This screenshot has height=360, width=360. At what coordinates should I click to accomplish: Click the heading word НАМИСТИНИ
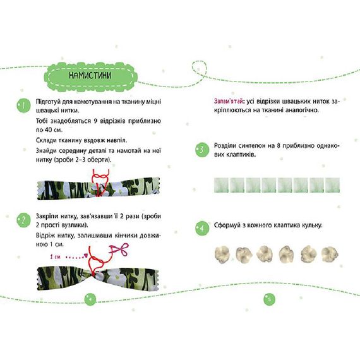(90, 75)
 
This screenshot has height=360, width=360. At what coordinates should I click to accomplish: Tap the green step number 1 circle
(23, 105)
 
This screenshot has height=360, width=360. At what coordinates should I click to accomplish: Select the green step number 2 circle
(23, 220)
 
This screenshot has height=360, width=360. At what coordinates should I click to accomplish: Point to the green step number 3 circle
(202, 150)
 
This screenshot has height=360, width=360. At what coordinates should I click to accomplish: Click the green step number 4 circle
(202, 228)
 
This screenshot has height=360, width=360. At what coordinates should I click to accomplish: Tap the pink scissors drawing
(119, 249)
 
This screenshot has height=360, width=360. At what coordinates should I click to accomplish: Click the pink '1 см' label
(55, 256)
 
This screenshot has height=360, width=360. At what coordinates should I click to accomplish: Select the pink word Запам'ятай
(229, 101)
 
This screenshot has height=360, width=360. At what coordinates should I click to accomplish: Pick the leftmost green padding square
(221, 185)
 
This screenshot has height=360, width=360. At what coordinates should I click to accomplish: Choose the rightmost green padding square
(332, 185)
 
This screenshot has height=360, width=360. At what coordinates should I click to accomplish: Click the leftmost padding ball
(222, 255)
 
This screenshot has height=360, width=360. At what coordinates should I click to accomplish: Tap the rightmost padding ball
(330, 255)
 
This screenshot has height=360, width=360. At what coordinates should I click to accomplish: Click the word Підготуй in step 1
(48, 102)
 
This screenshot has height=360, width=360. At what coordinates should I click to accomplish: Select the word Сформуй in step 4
(226, 225)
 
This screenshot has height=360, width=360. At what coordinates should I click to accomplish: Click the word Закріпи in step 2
(47, 216)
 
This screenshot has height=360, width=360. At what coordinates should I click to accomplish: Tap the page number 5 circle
(269, 299)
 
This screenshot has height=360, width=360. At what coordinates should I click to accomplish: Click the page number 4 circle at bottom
(90, 299)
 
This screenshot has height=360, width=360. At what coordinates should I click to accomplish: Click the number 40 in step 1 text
(49, 129)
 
